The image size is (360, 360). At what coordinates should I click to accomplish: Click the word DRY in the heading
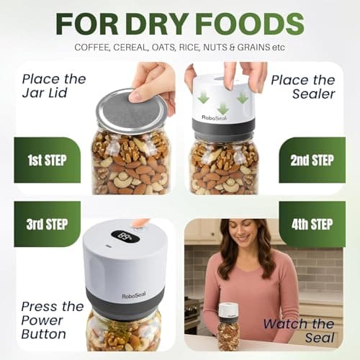coord(157,24)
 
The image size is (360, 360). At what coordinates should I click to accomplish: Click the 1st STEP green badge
coord(48,160)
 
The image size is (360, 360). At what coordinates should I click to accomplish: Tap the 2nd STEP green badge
coord(312,160)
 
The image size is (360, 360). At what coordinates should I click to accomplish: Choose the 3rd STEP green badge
coord(48,224)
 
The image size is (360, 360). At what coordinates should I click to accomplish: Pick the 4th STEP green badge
coord(312,224)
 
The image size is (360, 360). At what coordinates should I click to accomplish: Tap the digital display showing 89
coord(125,236)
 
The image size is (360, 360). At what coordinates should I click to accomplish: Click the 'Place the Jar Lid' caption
coord(54,86)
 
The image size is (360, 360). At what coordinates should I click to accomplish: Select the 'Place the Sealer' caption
coord(303,87)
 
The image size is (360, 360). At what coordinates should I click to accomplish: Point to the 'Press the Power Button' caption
coord(53,320)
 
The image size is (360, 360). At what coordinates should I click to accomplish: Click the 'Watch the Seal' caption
coord(299,330)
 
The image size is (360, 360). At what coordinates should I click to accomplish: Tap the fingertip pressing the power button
coord(140,222)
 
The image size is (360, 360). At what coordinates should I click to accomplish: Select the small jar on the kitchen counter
coord(228,327)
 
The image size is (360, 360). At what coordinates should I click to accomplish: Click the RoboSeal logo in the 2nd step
coord(215,117)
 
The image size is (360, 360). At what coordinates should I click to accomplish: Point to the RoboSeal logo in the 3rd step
coord(134,295)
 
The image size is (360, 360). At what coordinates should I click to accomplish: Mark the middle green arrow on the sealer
coord(223,108)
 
